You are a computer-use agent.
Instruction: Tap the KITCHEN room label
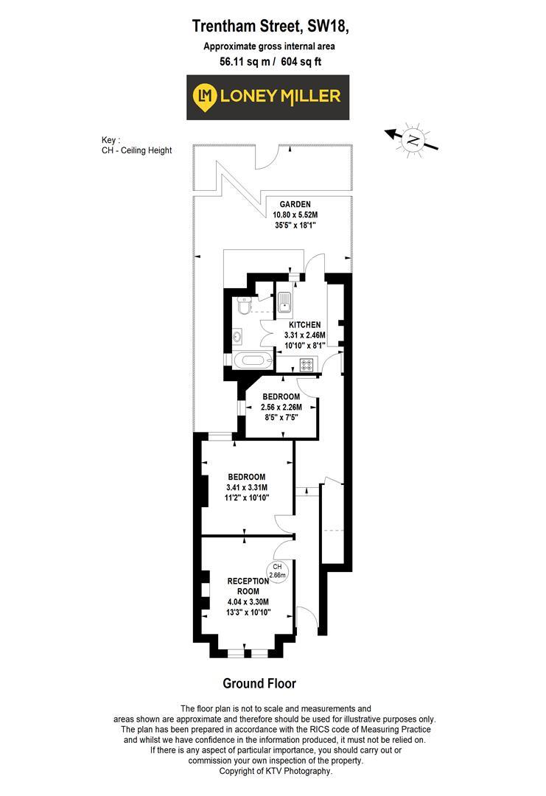coord(304,324)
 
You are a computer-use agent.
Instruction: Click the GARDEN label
coord(295,204)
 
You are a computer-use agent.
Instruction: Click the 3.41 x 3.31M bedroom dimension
coord(247,487)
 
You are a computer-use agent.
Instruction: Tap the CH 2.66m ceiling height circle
coord(277,570)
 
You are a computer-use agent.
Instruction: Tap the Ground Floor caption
coord(259,683)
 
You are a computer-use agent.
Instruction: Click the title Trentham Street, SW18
coord(269,27)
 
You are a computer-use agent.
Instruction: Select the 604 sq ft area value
coord(301,61)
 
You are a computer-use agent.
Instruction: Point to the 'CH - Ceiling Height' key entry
coord(136,150)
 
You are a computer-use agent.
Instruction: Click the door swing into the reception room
coord(283,549)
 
